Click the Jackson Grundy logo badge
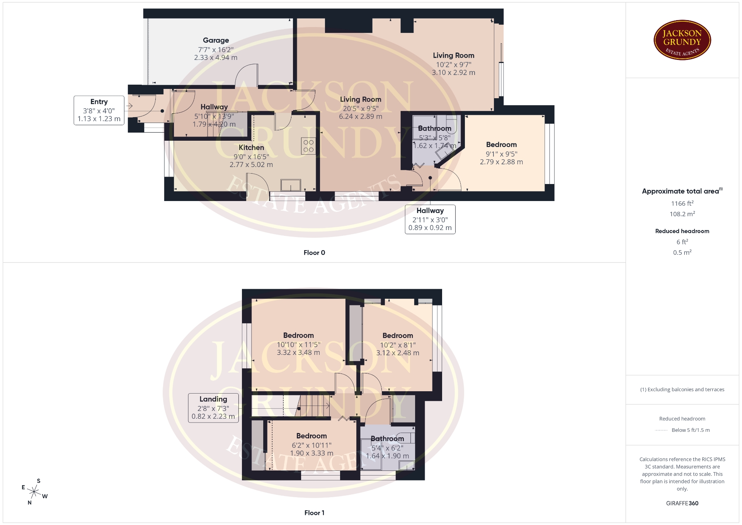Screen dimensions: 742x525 coord(682,40)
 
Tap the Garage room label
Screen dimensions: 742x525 coord(216,40)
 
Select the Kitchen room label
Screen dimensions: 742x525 coord(251,147)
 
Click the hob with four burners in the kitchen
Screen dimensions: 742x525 coord(308,146)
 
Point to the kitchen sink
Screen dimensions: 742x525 coord(291,185)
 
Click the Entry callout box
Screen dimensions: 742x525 coord(99,110)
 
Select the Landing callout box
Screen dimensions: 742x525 coord(213,408)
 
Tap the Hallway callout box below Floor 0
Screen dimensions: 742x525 coord(430,219)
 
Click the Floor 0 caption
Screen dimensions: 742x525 coord(314,252)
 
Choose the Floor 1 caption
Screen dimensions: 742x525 coord(314,513)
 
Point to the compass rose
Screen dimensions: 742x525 coord(34,492)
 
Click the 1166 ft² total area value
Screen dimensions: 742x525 coord(682,203)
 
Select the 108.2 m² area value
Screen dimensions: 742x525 coord(682,214)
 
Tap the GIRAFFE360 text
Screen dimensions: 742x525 coord(682,503)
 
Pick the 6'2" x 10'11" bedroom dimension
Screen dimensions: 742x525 coord(311,445)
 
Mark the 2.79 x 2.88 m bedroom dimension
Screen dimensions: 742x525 coord(501,162)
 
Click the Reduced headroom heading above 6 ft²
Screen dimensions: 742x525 coord(682,231)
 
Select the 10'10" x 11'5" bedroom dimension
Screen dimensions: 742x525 coord(298,344)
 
